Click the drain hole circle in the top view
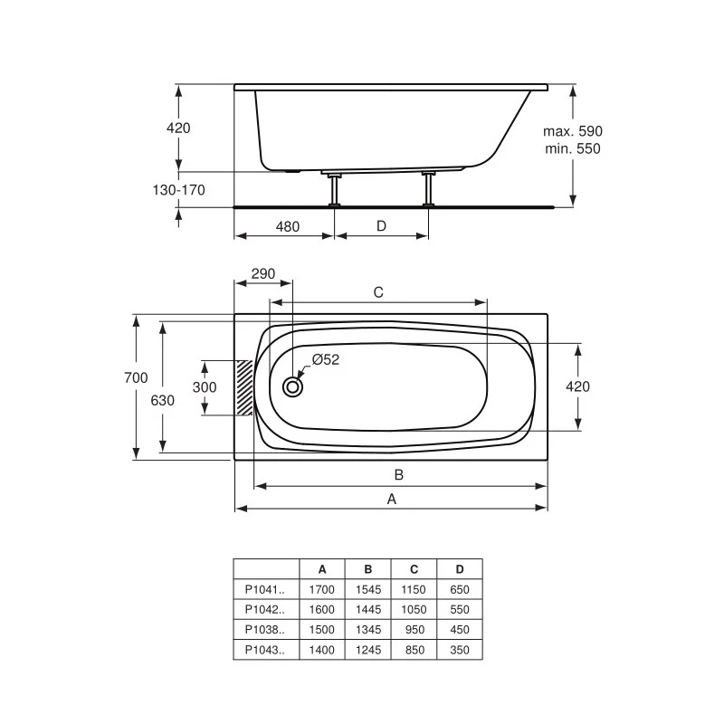pyautogui.click(x=292, y=387)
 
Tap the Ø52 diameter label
pyautogui.click(x=325, y=360)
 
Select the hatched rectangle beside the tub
pyautogui.click(x=243, y=387)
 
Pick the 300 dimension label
pyautogui.click(x=205, y=387)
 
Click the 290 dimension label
pyautogui.click(x=263, y=274)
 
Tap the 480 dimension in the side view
pyautogui.click(x=287, y=226)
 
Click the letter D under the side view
pyautogui.click(x=381, y=226)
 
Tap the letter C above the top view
pyautogui.click(x=378, y=292)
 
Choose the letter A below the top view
pyautogui.click(x=391, y=499)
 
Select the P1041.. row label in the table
pyautogui.click(x=265, y=589)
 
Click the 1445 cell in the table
pyautogui.click(x=368, y=609)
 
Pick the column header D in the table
pyautogui.click(x=460, y=569)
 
